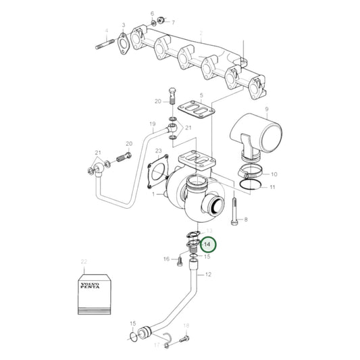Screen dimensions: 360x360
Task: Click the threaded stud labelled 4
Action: click(104, 47)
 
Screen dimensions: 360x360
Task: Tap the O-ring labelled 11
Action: click(249, 185)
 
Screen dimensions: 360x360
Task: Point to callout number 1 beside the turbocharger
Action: click(154, 195)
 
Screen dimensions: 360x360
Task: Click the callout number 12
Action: click(207, 274)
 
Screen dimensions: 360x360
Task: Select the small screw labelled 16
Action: click(180, 258)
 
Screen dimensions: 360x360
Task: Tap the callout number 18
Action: click(186, 326)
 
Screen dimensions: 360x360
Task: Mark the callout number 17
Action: click(156, 344)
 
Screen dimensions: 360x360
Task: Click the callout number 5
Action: click(201, 97)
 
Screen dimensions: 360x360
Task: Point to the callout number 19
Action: click(152, 124)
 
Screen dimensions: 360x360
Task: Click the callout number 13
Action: click(208, 231)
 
